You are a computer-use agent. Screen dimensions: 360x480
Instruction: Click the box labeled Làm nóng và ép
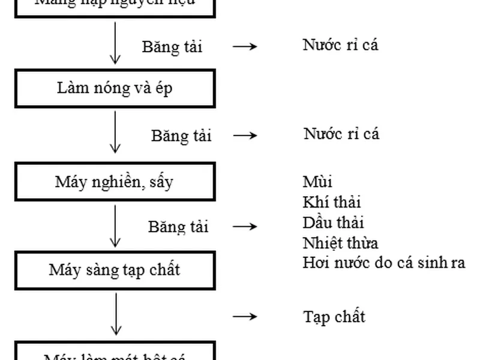tap(114, 89)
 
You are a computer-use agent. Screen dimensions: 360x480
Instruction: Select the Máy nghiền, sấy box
tap(114, 182)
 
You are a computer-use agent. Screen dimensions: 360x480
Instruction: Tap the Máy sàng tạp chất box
tap(114, 270)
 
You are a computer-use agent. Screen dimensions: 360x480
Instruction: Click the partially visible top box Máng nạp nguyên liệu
tap(114, 6)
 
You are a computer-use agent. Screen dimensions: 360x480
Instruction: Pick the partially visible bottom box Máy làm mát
tap(114, 352)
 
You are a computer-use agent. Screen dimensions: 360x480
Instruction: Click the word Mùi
tap(317, 181)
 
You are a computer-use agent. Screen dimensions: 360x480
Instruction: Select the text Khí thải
tap(332, 202)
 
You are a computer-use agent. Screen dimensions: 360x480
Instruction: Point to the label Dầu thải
tap(334, 223)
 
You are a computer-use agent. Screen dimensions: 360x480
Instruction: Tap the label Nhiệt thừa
tap(340, 243)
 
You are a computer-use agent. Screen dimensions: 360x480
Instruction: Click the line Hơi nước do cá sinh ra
tap(384, 263)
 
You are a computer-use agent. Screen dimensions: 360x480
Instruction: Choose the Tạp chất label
tap(334, 316)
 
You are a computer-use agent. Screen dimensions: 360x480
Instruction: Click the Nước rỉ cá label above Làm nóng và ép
tap(340, 45)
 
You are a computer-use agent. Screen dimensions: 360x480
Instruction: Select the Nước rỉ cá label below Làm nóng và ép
tap(341, 133)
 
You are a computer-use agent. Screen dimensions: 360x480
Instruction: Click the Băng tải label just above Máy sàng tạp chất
tap(178, 227)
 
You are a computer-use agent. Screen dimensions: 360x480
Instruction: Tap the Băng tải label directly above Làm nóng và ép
tap(172, 47)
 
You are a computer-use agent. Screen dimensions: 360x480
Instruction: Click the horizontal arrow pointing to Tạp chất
tap(245, 317)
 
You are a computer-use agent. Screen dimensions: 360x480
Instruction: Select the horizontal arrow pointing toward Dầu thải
tap(245, 227)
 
